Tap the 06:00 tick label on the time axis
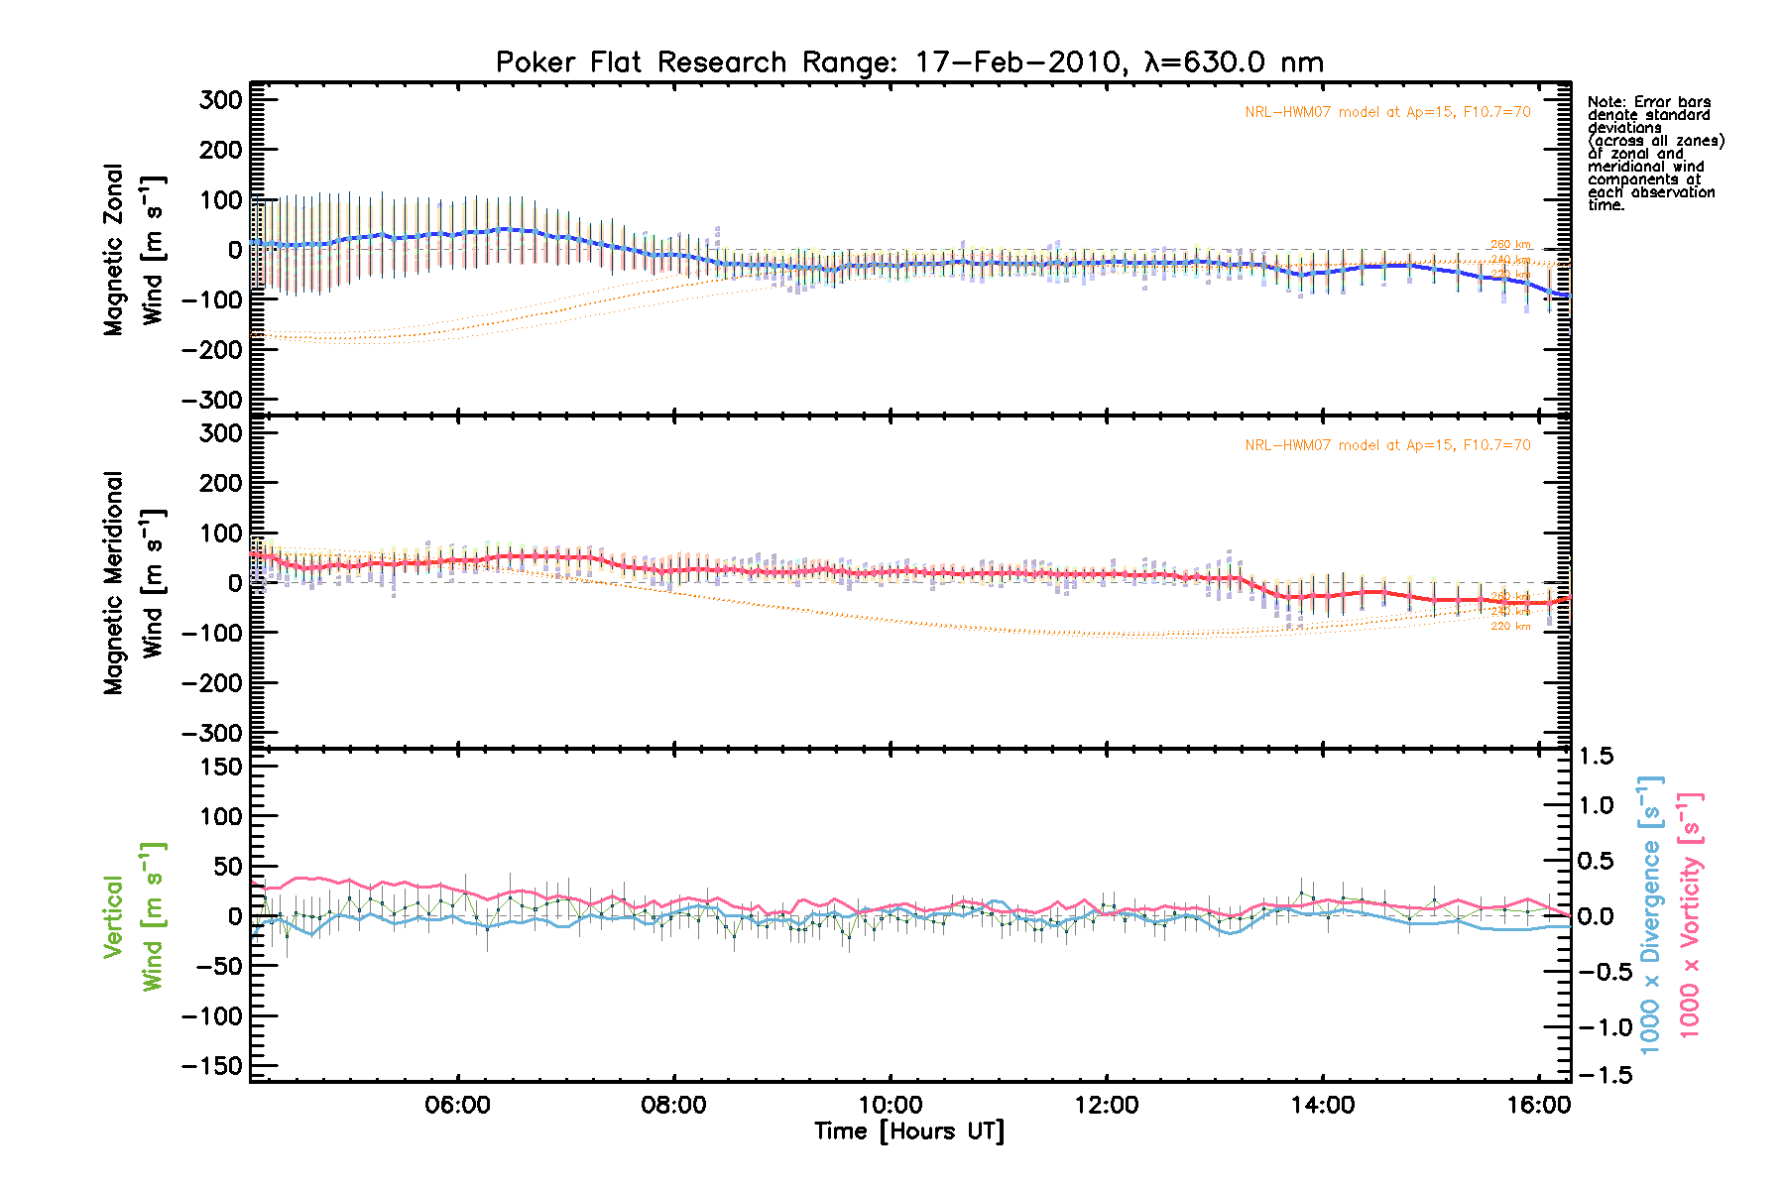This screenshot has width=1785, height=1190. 457,1105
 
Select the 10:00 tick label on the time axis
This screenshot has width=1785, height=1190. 890,1105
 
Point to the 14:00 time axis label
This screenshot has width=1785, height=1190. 1322,1105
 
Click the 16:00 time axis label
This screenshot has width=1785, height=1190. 1538,1105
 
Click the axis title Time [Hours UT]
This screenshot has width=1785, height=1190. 908,1131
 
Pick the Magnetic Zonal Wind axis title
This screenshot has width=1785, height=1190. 133,250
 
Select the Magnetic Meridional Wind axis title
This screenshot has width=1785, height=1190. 133,583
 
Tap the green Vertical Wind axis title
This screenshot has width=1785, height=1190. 133,916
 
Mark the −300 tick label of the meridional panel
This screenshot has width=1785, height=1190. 212,734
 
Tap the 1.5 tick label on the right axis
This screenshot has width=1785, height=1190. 1596,757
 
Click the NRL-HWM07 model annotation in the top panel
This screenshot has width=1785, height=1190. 1387,112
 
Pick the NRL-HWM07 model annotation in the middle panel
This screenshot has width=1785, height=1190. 1387,445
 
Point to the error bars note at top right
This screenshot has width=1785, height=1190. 1654,154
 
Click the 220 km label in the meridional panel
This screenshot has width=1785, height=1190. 1510,627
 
